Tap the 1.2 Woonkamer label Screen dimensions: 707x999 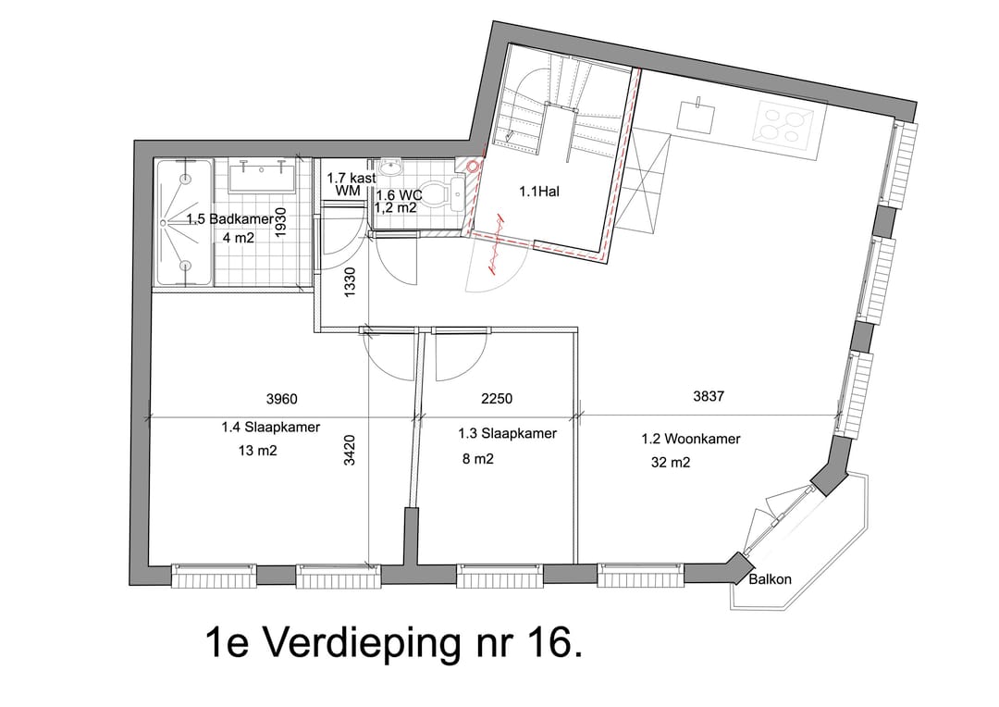tap(691, 439)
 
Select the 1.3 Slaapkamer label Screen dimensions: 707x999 tap(507, 433)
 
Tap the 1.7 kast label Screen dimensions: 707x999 tap(347, 177)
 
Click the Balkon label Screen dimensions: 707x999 tap(770, 580)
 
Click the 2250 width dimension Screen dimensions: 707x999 tap(497, 399)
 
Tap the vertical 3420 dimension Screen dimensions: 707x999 tap(350, 454)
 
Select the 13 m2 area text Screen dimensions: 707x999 tap(257, 452)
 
